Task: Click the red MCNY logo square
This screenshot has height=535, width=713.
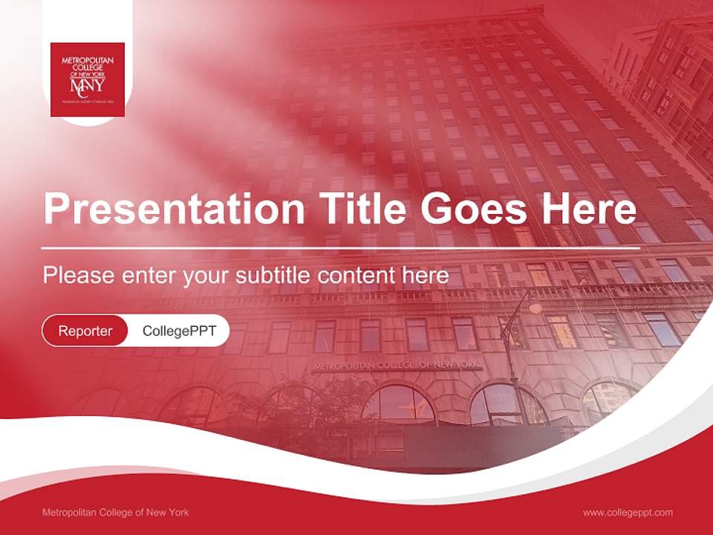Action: click(87, 80)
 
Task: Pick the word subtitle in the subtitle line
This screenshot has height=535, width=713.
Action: click(274, 276)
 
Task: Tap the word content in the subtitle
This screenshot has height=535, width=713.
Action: click(356, 276)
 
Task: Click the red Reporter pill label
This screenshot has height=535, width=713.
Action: click(85, 331)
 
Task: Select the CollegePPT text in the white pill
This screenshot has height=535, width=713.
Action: click(179, 331)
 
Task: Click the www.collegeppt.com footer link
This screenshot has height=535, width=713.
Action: click(628, 512)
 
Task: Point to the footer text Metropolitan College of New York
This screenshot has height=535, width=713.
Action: click(116, 512)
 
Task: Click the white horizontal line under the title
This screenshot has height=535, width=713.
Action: click(341, 247)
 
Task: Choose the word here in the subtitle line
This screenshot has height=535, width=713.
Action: click(425, 276)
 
